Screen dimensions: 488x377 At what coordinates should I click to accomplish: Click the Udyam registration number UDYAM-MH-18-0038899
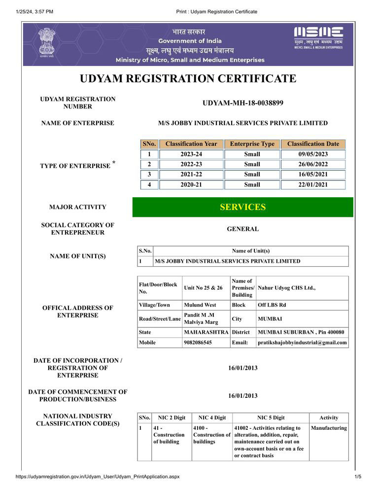click(242, 103)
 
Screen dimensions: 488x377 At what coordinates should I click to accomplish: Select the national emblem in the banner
click(46, 42)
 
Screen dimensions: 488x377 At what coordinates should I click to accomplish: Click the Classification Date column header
click(313, 144)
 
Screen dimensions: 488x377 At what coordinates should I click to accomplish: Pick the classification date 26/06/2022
click(313, 164)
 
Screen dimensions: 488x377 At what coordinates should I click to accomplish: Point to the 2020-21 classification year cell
click(191, 185)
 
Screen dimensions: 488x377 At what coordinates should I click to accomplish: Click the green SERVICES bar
click(242, 207)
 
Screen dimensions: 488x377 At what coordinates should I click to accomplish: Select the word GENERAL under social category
click(242, 229)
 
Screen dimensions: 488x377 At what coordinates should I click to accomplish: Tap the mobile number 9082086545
click(198, 343)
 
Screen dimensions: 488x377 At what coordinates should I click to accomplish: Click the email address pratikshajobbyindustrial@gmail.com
click(302, 343)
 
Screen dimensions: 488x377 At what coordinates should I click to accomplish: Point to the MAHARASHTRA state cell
click(206, 332)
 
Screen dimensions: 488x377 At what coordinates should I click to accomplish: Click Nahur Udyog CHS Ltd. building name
click(287, 288)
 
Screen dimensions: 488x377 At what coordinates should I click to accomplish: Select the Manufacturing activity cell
click(329, 428)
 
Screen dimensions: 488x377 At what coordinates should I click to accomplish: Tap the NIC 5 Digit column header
click(271, 418)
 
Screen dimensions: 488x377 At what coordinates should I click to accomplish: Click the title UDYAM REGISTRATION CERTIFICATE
click(188, 79)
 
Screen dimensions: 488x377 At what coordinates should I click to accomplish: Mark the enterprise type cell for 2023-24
click(252, 154)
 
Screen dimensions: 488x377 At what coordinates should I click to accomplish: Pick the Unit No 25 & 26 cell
click(203, 288)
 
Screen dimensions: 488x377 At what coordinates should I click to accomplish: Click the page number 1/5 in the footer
click(358, 477)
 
